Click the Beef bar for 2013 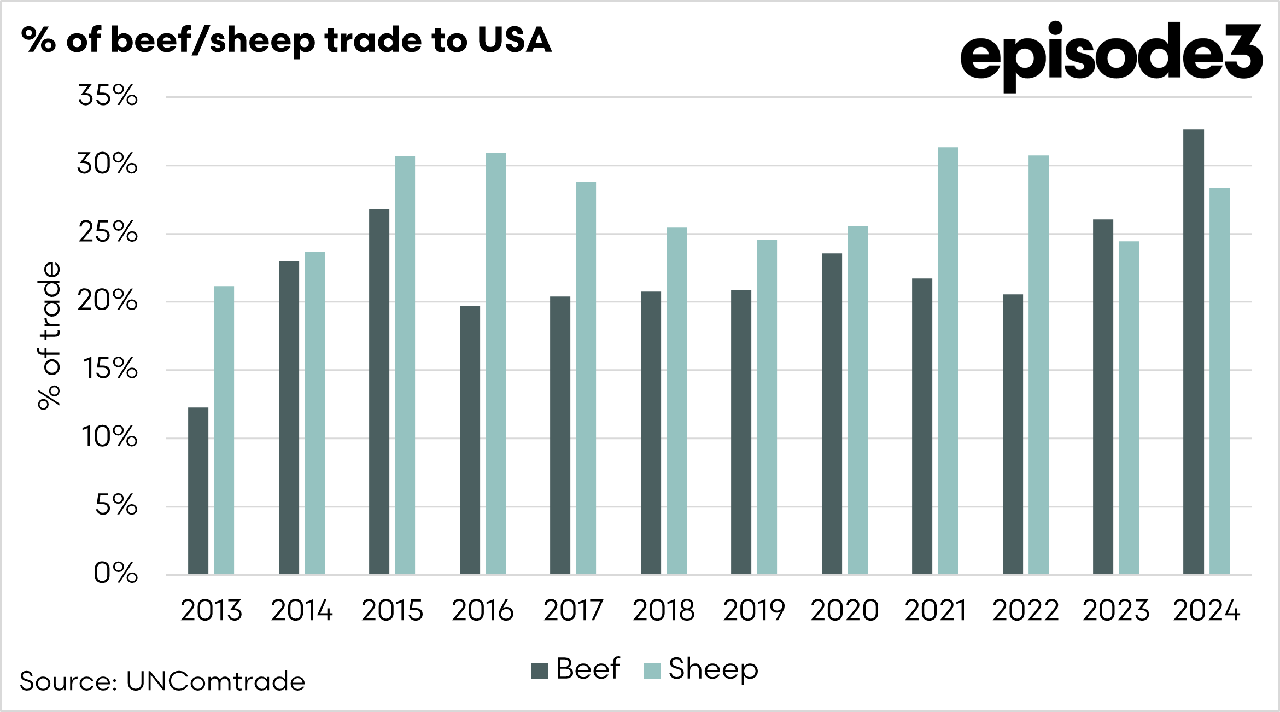[x=198, y=491]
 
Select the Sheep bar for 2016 [x=495, y=363]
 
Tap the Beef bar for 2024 [x=1193, y=352]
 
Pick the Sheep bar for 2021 [x=948, y=360]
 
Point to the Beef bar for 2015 [x=379, y=392]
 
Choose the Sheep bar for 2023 [x=1129, y=407]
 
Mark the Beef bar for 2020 [x=832, y=413]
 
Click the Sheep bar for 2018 [x=676, y=401]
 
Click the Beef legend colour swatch [x=539, y=670]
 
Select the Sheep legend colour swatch [x=652, y=670]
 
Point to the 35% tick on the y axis [x=108, y=96]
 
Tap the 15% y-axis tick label [x=110, y=369]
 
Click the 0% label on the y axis [x=115, y=574]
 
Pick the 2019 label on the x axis [x=753, y=611]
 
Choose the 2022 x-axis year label [x=1025, y=611]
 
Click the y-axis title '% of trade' [x=49, y=335]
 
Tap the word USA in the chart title [x=514, y=40]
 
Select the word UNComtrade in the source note [x=215, y=681]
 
